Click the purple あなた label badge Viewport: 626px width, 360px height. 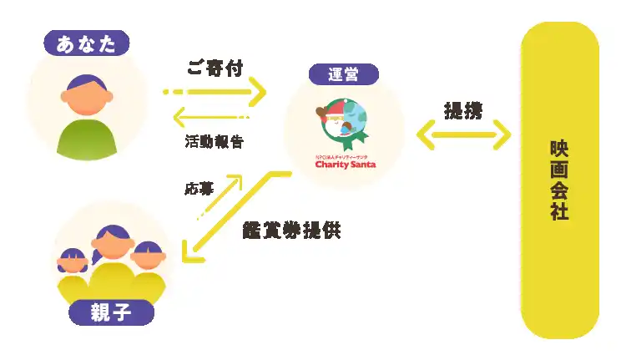coord(87,43)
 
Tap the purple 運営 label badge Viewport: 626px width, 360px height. coord(344,74)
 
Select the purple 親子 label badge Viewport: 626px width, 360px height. coord(111,312)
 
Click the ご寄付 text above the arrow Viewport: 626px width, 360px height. coord(215,68)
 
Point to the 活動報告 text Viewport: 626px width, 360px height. coord(215,141)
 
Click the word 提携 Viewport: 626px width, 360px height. coord(463,111)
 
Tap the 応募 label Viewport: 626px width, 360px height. coord(199,189)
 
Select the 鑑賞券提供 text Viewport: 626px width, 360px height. coord(291,231)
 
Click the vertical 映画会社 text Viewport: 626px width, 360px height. coord(559,180)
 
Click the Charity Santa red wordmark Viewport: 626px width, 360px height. coord(346,165)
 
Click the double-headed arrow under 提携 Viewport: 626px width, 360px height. coord(463,134)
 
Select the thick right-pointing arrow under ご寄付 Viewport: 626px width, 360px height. coord(215,92)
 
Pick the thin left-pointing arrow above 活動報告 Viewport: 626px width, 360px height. coord(211,118)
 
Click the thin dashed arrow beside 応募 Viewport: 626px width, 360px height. coord(220,196)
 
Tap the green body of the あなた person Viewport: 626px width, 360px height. coord(87,139)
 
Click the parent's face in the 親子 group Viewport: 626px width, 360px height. coord(113,243)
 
